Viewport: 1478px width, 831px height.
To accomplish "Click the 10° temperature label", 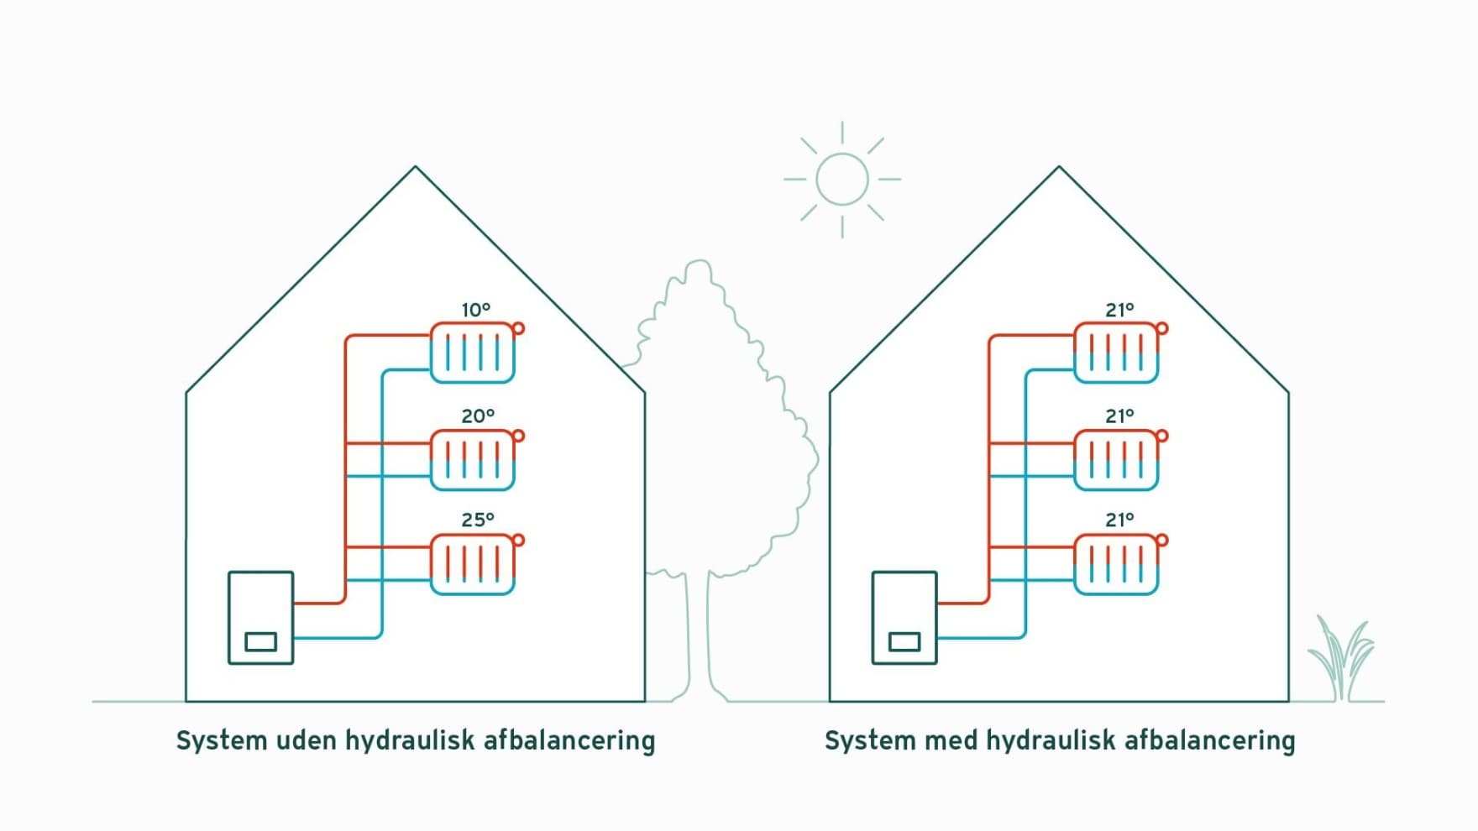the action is (x=476, y=310).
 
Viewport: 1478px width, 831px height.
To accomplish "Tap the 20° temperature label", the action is (x=478, y=415).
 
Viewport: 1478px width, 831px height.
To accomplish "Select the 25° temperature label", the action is (x=478, y=520).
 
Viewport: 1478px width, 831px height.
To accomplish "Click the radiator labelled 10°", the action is (x=472, y=353).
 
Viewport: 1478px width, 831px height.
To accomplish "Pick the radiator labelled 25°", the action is (x=472, y=564).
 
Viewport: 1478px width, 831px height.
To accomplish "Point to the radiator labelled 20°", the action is (x=472, y=460).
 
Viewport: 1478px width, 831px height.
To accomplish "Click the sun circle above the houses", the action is (x=842, y=154).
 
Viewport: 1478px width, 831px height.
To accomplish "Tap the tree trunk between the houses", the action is (x=699, y=638).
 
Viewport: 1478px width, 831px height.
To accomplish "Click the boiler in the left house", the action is (x=261, y=618).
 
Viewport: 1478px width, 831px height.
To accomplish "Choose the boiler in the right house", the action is (x=904, y=618).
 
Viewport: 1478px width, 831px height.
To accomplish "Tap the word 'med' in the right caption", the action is (x=951, y=740).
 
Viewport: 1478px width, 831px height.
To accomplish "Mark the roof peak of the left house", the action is (x=415, y=167).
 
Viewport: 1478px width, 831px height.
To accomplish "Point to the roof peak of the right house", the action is (x=1059, y=167).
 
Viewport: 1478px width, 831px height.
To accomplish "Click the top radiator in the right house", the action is (x=1116, y=353).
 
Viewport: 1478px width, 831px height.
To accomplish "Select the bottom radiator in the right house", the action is (x=1116, y=564).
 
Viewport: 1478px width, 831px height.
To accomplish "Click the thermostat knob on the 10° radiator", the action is (x=518, y=328).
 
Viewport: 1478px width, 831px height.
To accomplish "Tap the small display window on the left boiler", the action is (x=260, y=642).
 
